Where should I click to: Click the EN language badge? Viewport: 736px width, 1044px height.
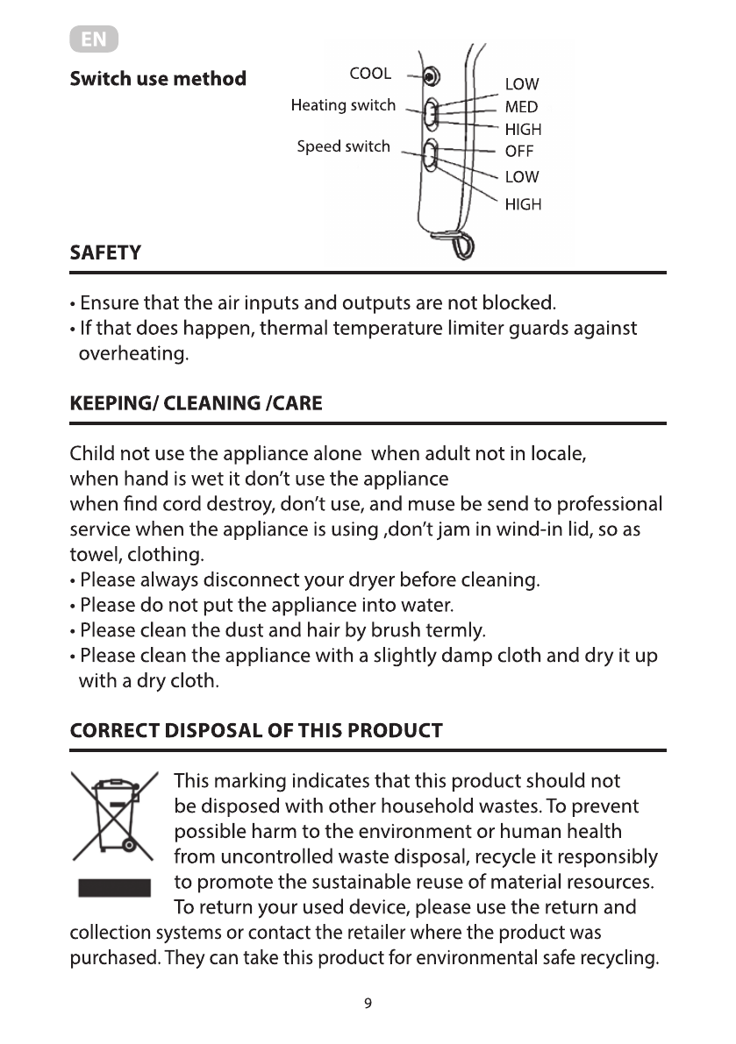click(x=93, y=40)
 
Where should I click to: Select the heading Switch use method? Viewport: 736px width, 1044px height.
click(x=158, y=79)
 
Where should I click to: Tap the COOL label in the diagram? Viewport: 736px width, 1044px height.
click(x=370, y=74)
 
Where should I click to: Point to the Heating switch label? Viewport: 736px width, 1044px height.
click(x=343, y=106)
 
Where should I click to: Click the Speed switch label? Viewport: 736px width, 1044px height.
click(x=343, y=146)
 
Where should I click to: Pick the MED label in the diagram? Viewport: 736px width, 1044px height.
click(x=521, y=107)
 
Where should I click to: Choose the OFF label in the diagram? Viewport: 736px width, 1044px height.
click(x=519, y=151)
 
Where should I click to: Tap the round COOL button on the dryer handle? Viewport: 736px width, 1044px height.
click(x=428, y=77)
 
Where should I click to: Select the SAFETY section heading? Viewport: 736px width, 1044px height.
click(x=105, y=253)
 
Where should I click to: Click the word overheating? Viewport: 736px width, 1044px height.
click(x=133, y=355)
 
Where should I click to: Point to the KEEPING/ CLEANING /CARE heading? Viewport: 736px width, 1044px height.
click(x=196, y=404)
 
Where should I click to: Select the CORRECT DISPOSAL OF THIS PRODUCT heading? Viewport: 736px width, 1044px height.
click(x=256, y=731)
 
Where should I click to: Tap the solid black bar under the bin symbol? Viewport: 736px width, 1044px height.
click(x=115, y=888)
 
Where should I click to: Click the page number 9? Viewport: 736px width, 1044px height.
click(x=368, y=1004)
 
